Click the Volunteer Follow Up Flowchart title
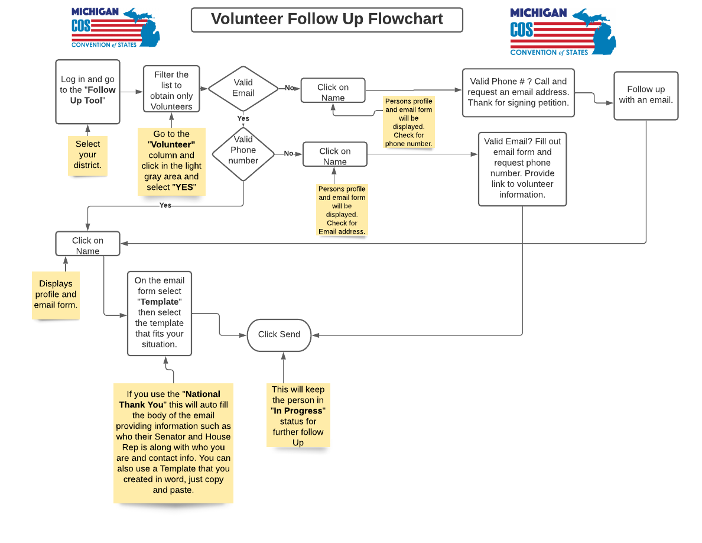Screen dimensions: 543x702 pyautogui.click(x=327, y=20)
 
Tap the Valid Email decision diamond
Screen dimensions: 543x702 pyautogui.click(x=243, y=88)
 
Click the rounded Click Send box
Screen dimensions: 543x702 pyautogui.click(x=279, y=334)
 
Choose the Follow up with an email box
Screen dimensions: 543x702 pyautogui.click(x=645, y=95)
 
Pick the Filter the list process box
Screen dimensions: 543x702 pyautogui.click(x=171, y=90)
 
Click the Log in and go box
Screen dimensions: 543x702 pyautogui.click(x=87, y=91)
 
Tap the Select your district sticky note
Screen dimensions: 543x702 pyautogui.click(x=88, y=154)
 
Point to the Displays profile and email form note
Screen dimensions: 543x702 pyautogui.click(x=56, y=295)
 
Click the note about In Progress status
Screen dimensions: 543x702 pyautogui.click(x=298, y=415)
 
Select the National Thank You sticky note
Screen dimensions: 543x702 pyautogui.click(x=173, y=442)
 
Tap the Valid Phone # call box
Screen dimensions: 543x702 pyautogui.click(x=518, y=92)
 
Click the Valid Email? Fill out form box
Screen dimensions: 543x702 pyautogui.click(x=522, y=168)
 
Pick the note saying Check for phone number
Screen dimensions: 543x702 pyautogui.click(x=408, y=122)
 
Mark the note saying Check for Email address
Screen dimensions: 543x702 pyautogui.click(x=342, y=210)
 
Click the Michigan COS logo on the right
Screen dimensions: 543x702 pyautogui.click(x=563, y=32)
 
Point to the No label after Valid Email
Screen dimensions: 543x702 pyautogui.click(x=290, y=88)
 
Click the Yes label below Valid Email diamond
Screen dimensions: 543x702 pyautogui.click(x=243, y=118)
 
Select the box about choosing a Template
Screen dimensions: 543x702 pyautogui.click(x=160, y=312)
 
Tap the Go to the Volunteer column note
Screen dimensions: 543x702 pyautogui.click(x=171, y=161)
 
